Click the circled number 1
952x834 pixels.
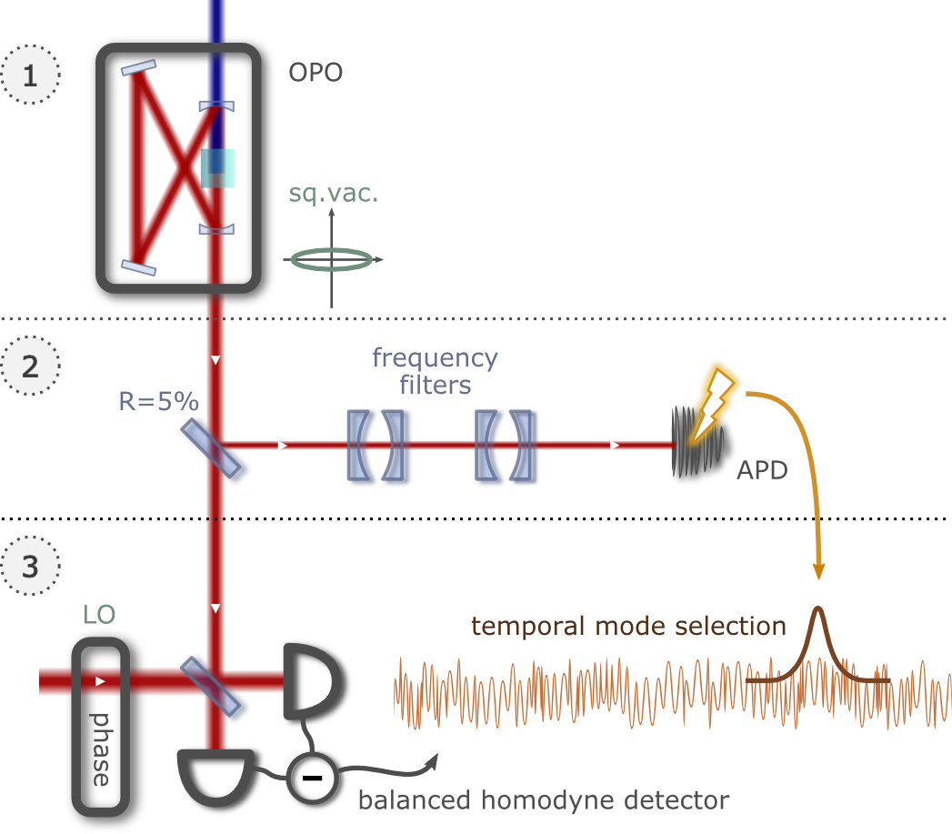(30, 74)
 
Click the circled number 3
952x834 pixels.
(30, 567)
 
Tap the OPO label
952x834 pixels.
(316, 73)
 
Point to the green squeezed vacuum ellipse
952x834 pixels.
(334, 260)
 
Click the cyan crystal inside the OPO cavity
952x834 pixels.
(217, 168)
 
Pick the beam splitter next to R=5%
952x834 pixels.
(216, 450)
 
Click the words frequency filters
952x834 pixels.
(436, 371)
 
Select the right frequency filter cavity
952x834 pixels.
(507, 447)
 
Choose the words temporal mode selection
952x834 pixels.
(628, 626)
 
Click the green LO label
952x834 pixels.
(98, 615)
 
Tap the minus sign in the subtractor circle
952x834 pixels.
(312, 779)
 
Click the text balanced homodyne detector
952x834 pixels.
(543, 800)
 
